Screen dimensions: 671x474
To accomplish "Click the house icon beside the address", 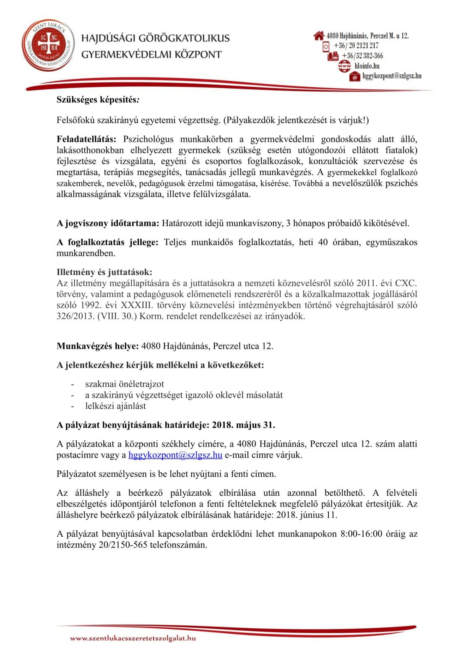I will pyautogui.click(x=319, y=36).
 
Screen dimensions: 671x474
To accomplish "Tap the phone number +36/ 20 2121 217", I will pyautogui.click(x=356, y=46).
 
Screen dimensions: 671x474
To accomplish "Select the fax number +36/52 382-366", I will pyautogui.click(x=362, y=56).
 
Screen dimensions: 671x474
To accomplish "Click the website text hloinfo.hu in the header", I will pyautogui.click(x=367, y=66).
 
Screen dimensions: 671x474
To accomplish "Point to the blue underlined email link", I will pyautogui.click(x=175, y=455).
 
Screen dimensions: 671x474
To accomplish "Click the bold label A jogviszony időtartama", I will pyautogui.click(x=108, y=223).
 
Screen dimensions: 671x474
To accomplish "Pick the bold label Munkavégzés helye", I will pyautogui.click(x=98, y=346).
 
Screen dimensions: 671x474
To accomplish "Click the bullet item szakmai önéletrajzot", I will pyautogui.click(x=124, y=384).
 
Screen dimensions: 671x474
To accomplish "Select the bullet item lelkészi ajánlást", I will pyautogui.click(x=115, y=406).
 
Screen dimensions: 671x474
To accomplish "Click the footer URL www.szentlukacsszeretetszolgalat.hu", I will pyautogui.click(x=133, y=638).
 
